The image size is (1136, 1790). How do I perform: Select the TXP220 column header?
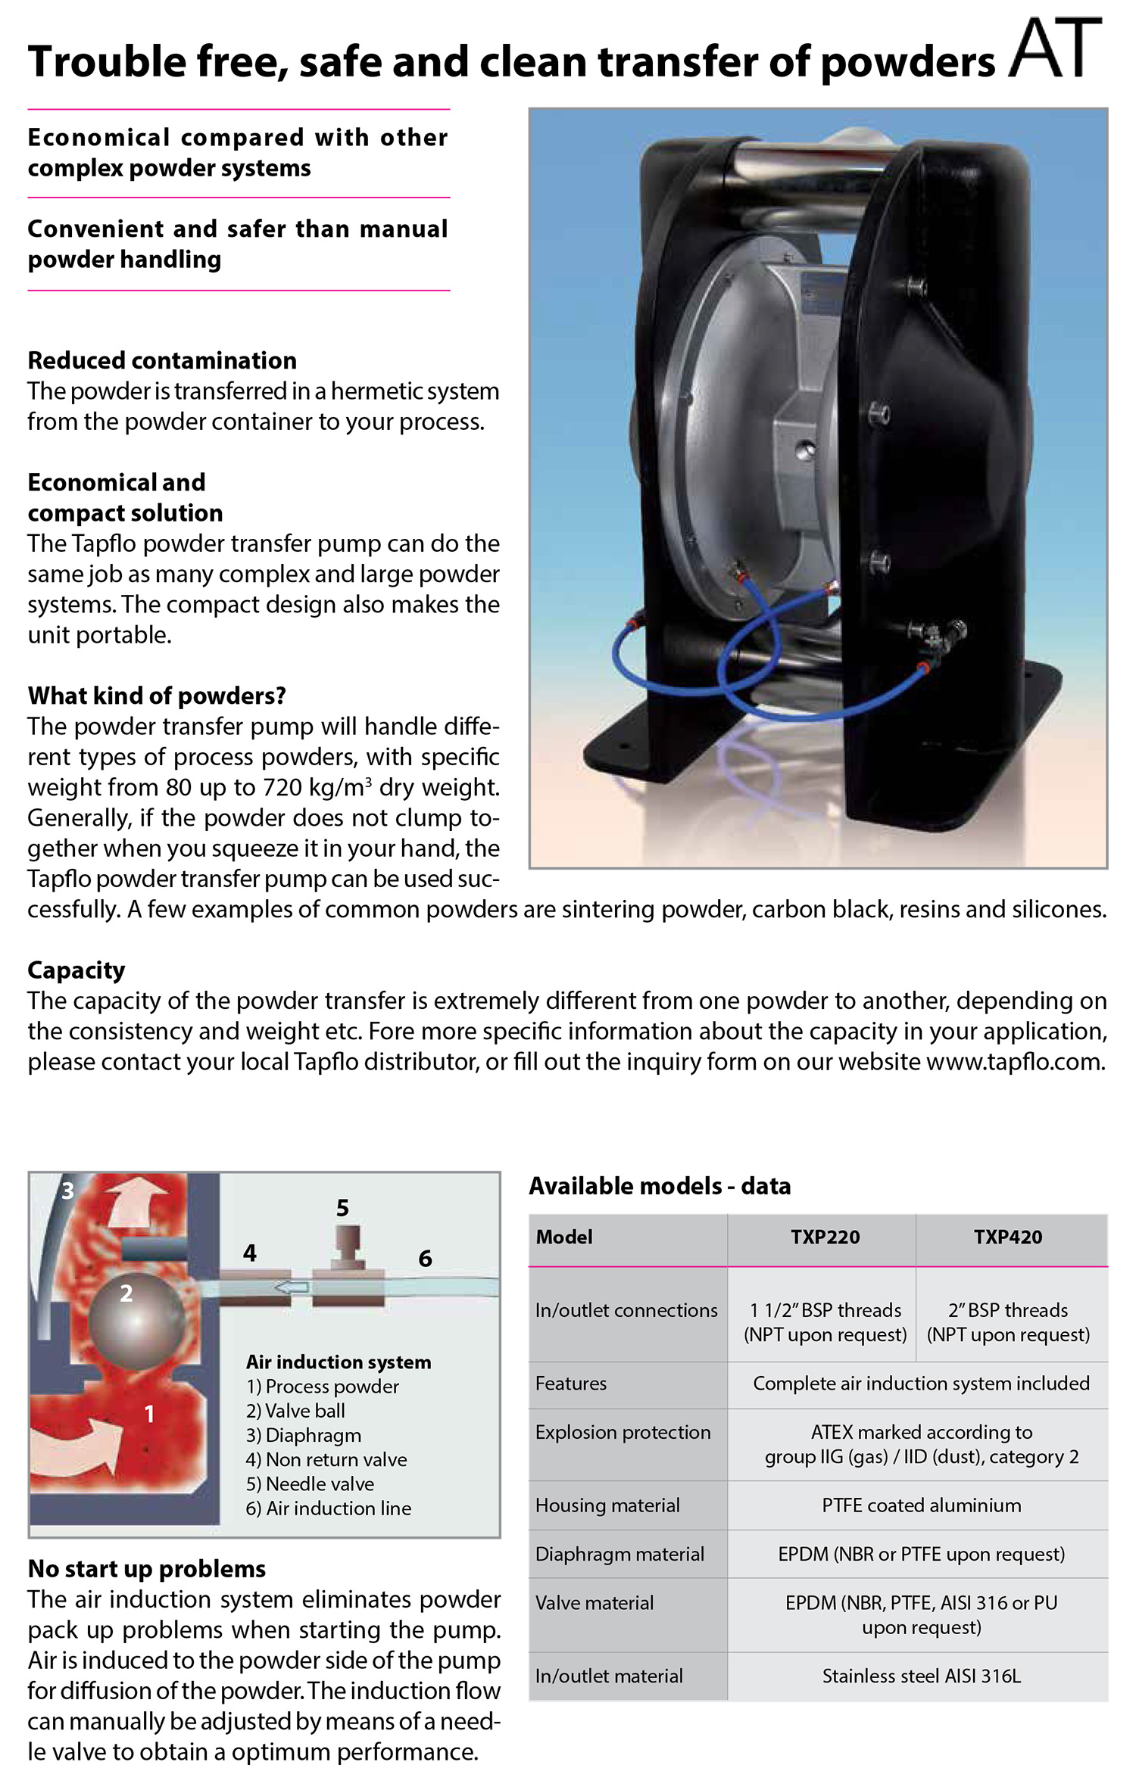(x=825, y=1237)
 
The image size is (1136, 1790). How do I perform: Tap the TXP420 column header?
(x=1007, y=1237)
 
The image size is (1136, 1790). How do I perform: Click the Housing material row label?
(x=607, y=1505)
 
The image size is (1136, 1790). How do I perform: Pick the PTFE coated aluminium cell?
(x=921, y=1505)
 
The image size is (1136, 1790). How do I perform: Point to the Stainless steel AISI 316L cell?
(x=921, y=1676)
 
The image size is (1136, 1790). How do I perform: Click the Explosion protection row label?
(x=623, y=1432)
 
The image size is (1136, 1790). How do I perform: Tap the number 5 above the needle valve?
(x=342, y=1208)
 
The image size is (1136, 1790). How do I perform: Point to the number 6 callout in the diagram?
(x=425, y=1259)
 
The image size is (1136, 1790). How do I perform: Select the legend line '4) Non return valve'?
(x=326, y=1459)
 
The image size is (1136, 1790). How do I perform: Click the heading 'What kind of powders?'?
(x=157, y=696)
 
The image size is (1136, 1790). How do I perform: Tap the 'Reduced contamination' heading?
(x=162, y=360)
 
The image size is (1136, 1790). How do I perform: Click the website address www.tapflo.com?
(x=1015, y=1061)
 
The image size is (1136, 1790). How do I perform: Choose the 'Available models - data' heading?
(x=660, y=1185)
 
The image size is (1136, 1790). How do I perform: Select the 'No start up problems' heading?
(x=147, y=1568)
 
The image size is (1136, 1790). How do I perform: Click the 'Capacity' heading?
(x=76, y=970)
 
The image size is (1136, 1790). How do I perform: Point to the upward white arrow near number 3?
(x=136, y=1203)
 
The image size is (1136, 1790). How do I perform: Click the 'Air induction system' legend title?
(x=339, y=1362)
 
